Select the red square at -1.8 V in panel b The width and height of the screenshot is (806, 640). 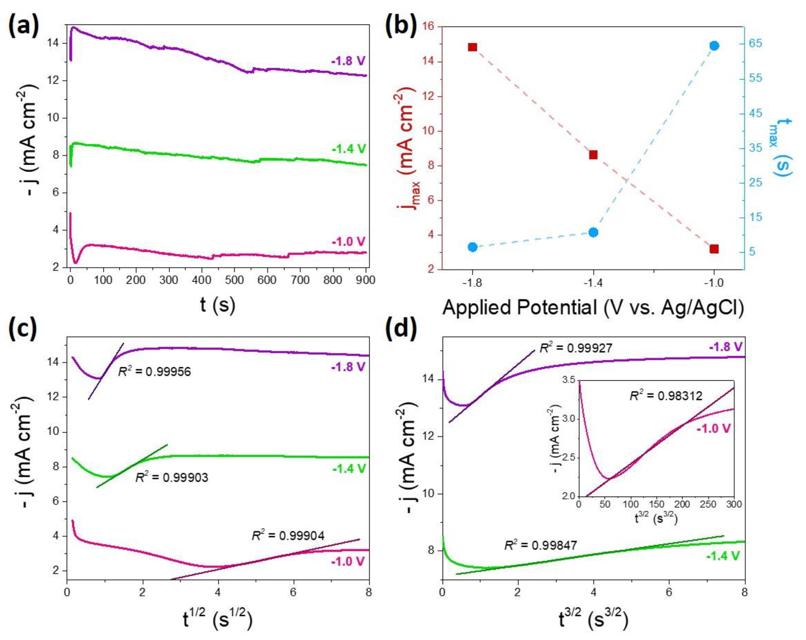click(472, 47)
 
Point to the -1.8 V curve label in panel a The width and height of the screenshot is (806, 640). click(348, 61)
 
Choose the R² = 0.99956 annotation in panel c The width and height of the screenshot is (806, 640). click(154, 372)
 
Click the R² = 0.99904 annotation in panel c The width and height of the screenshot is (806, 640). click(288, 536)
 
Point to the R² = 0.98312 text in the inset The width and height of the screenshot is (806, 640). click(666, 396)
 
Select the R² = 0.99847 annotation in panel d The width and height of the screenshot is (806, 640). click(541, 545)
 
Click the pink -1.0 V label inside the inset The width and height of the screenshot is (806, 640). click(713, 428)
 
